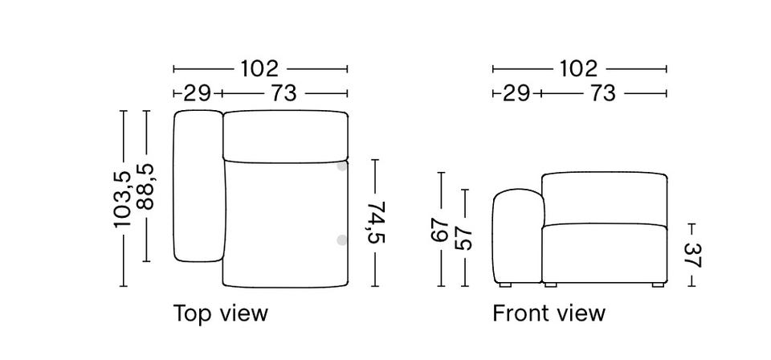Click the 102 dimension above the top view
(259, 69)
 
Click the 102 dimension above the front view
(579, 69)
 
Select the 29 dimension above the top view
(198, 92)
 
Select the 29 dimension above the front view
(516, 92)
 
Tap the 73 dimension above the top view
(284, 92)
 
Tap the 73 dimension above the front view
(602, 92)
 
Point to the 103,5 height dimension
(123, 198)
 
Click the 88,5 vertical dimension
(146, 187)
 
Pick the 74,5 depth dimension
(376, 223)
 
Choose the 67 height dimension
(441, 230)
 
